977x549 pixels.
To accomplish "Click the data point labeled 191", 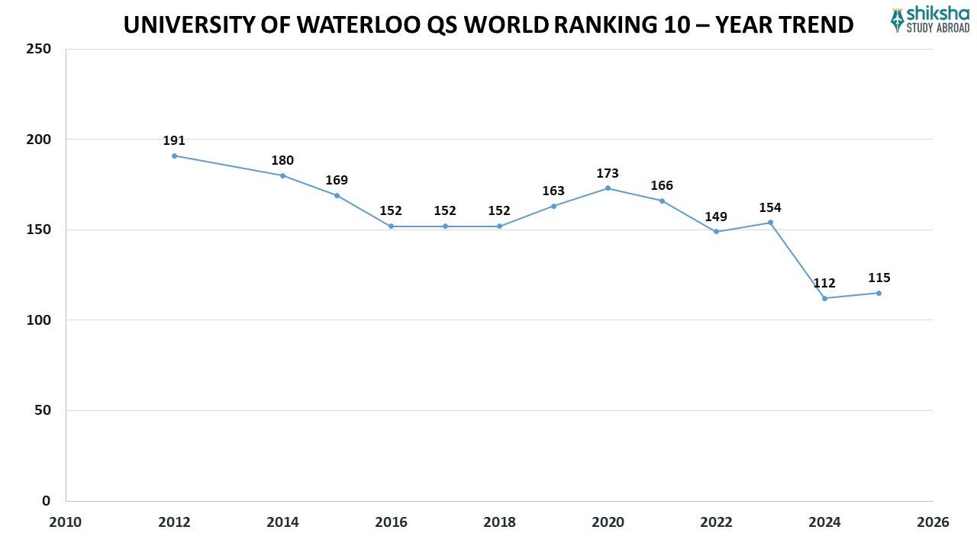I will (x=174, y=156).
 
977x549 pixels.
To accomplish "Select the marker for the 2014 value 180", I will (x=282, y=175).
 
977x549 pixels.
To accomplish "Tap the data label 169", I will (x=337, y=181).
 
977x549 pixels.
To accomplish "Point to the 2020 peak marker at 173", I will (x=608, y=188).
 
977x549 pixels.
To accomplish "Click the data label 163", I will (x=553, y=191).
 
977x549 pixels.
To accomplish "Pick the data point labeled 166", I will (x=662, y=201).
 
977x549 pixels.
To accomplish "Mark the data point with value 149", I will (x=716, y=231).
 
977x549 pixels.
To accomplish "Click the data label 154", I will (x=770, y=207).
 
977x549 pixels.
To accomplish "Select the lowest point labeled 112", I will (x=824, y=298).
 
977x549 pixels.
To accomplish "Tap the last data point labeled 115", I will (x=879, y=293).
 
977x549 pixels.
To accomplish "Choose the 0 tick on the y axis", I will (x=46, y=501).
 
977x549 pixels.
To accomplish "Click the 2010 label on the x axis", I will (x=66, y=522).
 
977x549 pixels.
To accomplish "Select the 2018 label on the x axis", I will (x=499, y=522).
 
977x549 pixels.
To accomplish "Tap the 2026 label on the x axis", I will (x=933, y=522).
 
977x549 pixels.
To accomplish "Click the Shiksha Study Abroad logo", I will (x=930, y=20).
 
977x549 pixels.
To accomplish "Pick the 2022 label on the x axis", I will (x=716, y=522).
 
